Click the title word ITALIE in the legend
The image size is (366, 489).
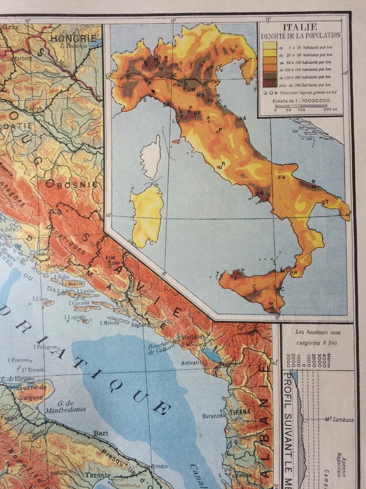point(300,28)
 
